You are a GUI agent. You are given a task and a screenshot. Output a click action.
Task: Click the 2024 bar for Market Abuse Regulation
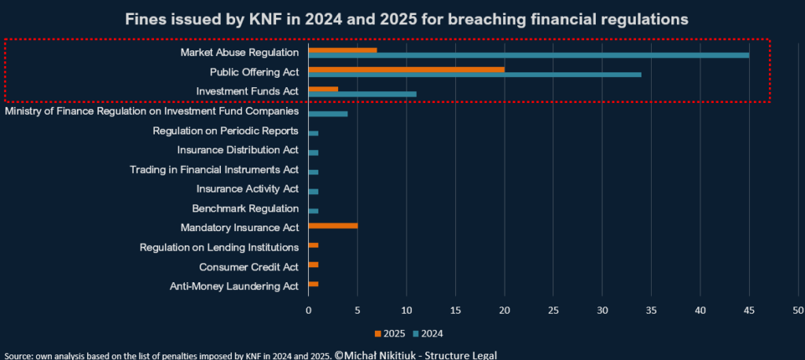click(529, 55)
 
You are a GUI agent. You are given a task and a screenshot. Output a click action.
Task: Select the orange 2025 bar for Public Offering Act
click(406, 69)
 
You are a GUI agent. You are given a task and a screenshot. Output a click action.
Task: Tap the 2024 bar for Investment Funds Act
click(362, 94)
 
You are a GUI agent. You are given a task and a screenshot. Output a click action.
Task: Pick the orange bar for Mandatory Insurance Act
click(333, 226)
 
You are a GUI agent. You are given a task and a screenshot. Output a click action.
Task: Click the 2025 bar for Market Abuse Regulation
click(343, 50)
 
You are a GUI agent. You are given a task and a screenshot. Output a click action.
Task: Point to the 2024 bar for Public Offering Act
click(475, 75)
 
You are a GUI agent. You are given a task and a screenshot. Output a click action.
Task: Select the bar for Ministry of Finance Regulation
click(328, 113)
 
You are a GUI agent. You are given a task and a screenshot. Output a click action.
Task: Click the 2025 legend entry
click(390, 334)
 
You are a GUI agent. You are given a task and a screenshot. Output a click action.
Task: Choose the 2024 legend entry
click(428, 334)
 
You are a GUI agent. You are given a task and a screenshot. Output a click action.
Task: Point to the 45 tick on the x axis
click(749, 310)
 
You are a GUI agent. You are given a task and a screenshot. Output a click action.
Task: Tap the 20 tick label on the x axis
click(504, 310)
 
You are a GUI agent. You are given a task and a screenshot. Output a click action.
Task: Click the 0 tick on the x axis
click(308, 310)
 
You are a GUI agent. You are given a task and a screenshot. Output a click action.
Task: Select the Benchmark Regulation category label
click(245, 208)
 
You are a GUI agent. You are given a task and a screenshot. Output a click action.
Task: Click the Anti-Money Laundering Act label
click(234, 287)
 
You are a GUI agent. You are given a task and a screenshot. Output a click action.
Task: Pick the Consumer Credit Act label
click(249, 267)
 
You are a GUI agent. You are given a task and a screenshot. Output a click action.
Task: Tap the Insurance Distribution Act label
click(237, 150)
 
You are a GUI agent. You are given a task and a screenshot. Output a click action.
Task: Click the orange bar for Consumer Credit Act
click(313, 264)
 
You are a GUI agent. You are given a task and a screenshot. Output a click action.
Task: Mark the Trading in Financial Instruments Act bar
click(313, 172)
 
